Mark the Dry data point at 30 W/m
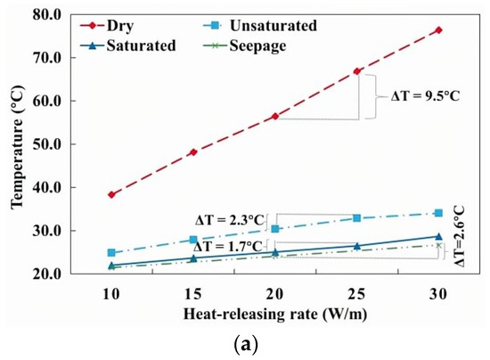(x=438, y=30)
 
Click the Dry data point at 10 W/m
(x=110, y=194)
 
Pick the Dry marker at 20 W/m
(x=274, y=116)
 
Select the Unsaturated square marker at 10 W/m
(x=110, y=253)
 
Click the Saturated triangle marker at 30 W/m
(x=438, y=236)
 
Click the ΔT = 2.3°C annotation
(x=231, y=218)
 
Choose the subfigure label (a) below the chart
(x=243, y=346)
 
